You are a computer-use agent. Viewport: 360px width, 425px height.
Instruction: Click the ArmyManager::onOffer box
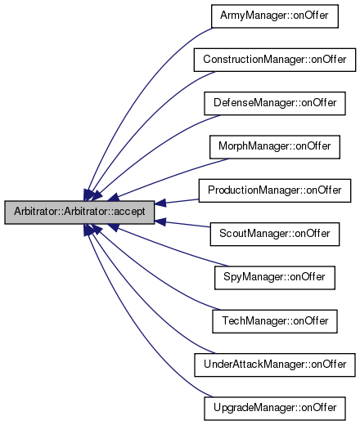click(275, 16)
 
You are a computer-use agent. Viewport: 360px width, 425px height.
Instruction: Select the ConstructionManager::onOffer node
click(275, 60)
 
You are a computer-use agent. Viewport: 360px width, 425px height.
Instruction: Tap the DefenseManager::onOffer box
click(275, 104)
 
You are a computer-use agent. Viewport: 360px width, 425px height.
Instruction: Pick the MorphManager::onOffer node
click(275, 147)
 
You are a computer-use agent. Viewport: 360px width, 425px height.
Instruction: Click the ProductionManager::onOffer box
click(275, 190)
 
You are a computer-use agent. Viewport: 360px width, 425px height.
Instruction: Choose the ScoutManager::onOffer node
click(275, 234)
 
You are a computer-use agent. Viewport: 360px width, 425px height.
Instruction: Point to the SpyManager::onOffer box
click(275, 278)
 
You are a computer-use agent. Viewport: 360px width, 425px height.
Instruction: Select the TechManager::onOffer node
click(275, 321)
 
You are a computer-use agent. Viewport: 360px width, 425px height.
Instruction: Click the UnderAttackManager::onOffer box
click(275, 365)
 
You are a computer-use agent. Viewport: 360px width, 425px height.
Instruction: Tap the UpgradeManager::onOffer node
click(275, 409)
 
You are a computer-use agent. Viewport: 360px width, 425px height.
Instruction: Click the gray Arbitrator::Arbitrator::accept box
click(79, 212)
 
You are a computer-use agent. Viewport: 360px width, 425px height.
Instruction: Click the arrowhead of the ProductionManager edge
click(160, 203)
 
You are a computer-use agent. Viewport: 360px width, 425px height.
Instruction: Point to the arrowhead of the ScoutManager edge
click(160, 221)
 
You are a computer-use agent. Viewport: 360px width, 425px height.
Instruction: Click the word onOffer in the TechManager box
click(311, 321)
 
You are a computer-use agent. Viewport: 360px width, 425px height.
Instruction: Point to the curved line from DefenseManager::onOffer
click(153, 150)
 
